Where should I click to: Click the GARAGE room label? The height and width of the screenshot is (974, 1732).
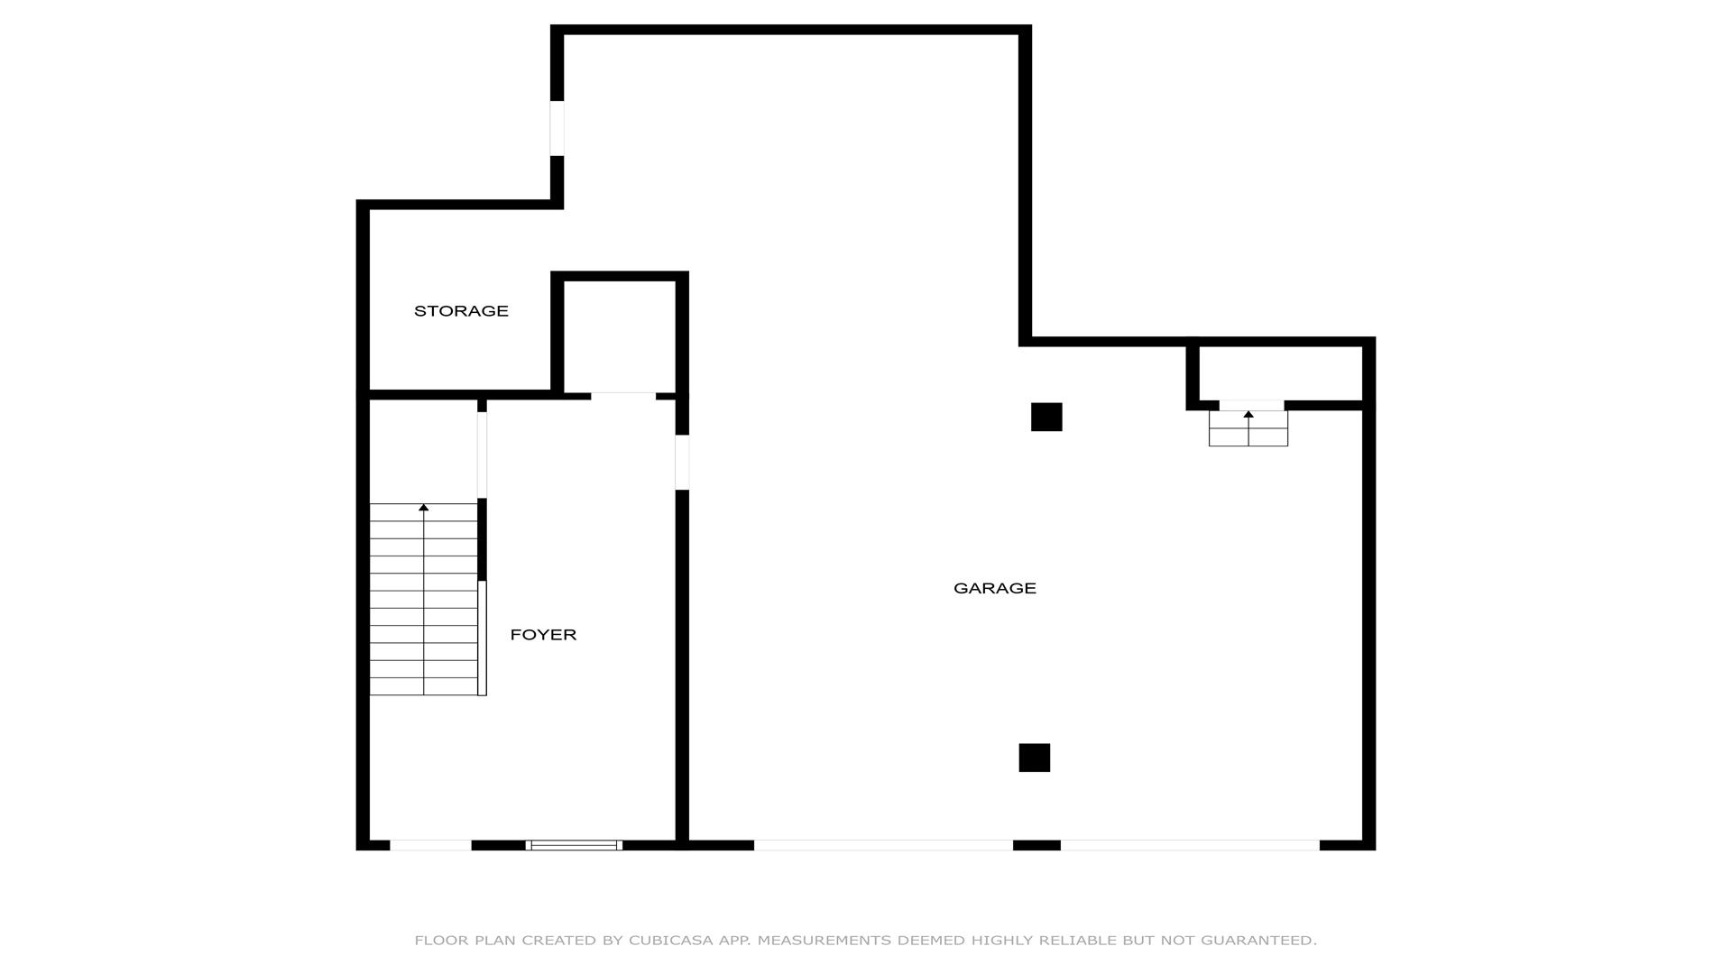(x=994, y=588)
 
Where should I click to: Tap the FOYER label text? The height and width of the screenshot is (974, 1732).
(x=543, y=635)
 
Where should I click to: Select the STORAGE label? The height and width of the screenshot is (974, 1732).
(x=461, y=311)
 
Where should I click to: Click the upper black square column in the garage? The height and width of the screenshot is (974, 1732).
(x=1046, y=417)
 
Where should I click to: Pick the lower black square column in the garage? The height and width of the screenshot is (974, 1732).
(x=1035, y=758)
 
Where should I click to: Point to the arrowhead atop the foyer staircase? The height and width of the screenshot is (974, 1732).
(x=423, y=508)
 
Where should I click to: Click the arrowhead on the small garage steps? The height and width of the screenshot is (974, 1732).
(x=1248, y=414)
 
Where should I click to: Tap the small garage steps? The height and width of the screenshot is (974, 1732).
(x=1248, y=428)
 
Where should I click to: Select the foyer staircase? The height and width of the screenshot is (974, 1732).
(x=423, y=600)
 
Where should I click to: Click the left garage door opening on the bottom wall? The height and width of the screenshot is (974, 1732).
(x=883, y=845)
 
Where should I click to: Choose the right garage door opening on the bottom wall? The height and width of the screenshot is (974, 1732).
(x=1190, y=845)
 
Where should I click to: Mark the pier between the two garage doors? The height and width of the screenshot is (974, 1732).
(x=1036, y=845)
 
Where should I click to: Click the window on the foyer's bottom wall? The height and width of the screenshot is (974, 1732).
(x=574, y=845)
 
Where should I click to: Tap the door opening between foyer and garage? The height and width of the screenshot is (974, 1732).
(x=682, y=463)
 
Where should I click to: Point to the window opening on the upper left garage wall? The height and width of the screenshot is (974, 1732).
(x=557, y=128)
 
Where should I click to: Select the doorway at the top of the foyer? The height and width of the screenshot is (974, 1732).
(x=623, y=396)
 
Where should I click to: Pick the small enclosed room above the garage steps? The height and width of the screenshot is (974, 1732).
(x=1280, y=373)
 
